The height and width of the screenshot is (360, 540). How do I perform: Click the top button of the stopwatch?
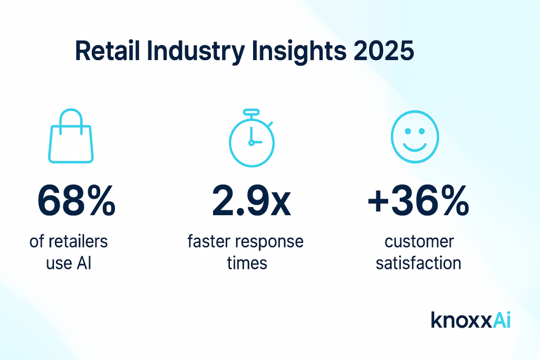[x=251, y=112]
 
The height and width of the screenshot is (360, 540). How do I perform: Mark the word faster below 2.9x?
[x=211, y=242]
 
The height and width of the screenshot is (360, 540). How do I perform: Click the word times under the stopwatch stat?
[x=247, y=263]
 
